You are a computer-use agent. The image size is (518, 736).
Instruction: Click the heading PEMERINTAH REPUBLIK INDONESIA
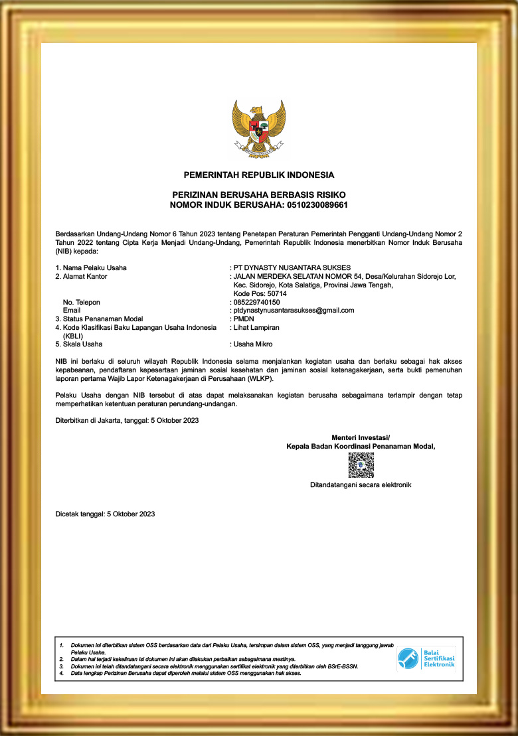click(259, 175)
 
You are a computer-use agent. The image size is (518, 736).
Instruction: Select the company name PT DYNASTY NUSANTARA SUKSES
click(288, 267)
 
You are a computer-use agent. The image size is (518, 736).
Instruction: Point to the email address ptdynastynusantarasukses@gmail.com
click(292, 310)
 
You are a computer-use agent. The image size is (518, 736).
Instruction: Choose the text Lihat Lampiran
click(255, 327)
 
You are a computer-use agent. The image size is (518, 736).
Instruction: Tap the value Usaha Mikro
click(251, 344)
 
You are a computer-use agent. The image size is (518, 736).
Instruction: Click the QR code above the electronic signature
click(361, 465)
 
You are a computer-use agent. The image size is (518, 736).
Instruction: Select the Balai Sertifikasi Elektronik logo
click(426, 658)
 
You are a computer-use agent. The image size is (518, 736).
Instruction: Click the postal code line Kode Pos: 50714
click(260, 293)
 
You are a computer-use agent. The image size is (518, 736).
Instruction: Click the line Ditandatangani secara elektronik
click(361, 485)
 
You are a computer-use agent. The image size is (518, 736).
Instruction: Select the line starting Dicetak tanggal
click(105, 514)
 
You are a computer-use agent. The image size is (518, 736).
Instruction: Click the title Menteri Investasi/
click(361, 437)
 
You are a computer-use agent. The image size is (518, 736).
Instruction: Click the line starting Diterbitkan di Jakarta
click(127, 420)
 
